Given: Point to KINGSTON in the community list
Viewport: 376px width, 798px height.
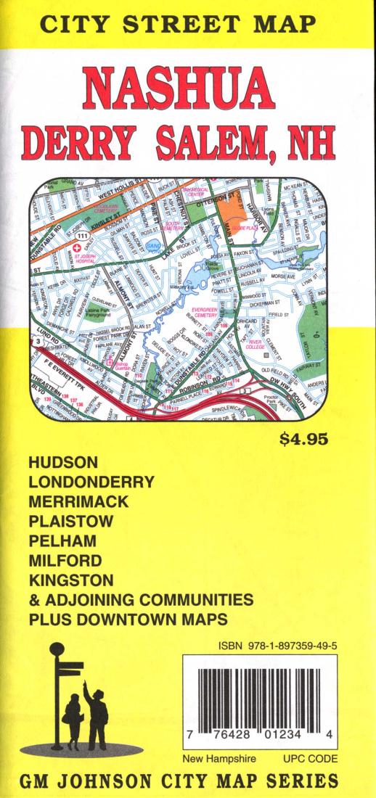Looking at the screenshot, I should pos(71,580).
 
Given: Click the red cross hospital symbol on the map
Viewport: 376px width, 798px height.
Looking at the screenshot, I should pos(74,247).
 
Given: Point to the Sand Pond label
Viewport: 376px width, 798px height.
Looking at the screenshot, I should pos(155,248).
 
